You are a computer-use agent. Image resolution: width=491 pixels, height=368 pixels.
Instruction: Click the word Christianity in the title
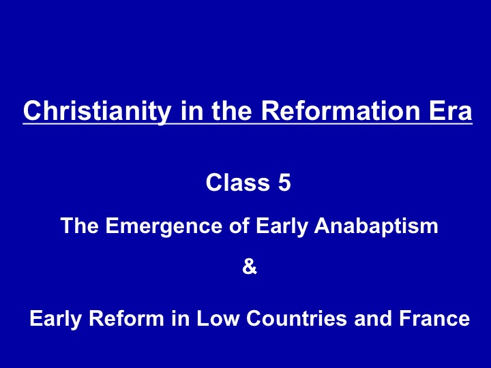pyautogui.click(x=98, y=111)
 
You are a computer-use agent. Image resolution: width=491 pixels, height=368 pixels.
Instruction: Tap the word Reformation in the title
pyautogui.click(x=340, y=110)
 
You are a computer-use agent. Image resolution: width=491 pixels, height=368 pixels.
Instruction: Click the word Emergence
pyautogui.click(x=164, y=226)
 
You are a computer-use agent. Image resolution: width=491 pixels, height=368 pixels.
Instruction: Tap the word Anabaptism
pyautogui.click(x=376, y=226)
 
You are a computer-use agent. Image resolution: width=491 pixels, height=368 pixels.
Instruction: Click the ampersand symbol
pyautogui.click(x=250, y=266)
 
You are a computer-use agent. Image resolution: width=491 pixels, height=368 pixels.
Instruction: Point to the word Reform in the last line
pyautogui.click(x=127, y=318)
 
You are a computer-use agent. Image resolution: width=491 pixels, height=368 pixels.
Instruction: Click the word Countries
pyautogui.click(x=297, y=318)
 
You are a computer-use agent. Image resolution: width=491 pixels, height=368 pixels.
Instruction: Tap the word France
pyautogui.click(x=434, y=318)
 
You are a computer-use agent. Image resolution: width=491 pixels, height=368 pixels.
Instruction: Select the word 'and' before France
pyautogui.click(x=373, y=318)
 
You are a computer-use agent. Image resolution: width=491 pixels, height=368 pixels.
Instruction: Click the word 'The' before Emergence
pyautogui.click(x=80, y=226)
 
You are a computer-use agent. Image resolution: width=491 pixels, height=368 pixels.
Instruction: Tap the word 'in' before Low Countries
pyautogui.click(x=180, y=318)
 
